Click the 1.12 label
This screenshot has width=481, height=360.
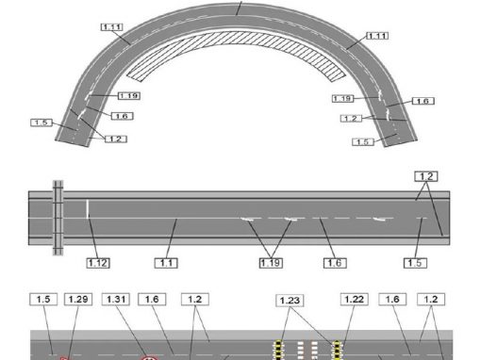(98, 263)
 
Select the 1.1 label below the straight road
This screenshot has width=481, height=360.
(166, 263)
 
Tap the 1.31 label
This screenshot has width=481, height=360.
(116, 299)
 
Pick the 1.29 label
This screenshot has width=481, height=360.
(78, 299)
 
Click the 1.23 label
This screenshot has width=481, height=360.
(290, 301)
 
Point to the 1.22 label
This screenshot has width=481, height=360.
(355, 299)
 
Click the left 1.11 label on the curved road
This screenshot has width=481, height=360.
(112, 27)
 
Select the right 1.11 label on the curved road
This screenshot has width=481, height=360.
(377, 36)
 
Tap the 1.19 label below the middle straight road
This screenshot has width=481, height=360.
(271, 263)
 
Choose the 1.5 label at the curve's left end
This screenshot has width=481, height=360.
(41, 123)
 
